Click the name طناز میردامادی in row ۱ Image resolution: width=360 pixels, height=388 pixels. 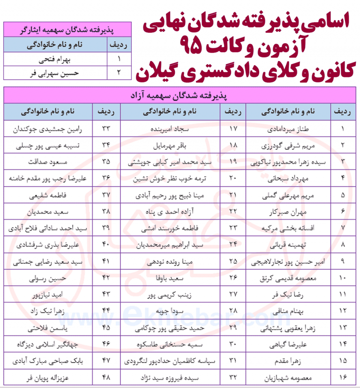pyautogui.click(x=292, y=128)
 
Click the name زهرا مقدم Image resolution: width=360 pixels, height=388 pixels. pyautogui.click(x=292, y=361)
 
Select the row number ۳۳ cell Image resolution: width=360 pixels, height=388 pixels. pyautogui.click(x=106, y=128)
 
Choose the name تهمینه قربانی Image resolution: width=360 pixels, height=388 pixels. pyautogui.click(x=292, y=244)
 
